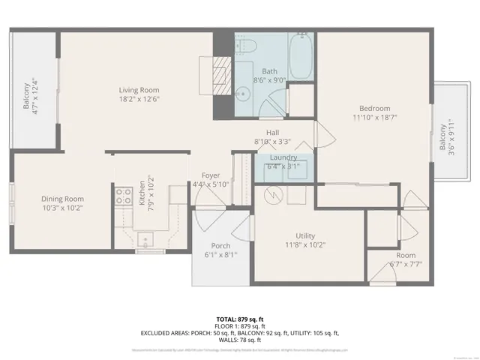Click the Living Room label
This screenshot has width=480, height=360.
coord(139,90)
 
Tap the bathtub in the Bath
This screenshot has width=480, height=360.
coord(301,57)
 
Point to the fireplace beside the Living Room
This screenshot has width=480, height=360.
coord(218,75)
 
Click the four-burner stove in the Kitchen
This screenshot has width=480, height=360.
coord(123,196)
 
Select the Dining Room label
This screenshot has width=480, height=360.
coord(61,199)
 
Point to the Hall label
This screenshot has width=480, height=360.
coord(272,132)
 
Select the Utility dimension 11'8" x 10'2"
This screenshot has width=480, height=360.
coord(306,244)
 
